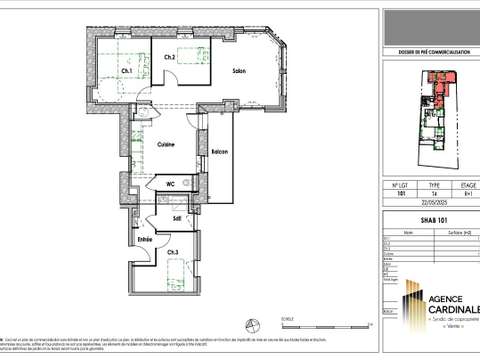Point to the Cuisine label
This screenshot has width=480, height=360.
pyautogui.click(x=166, y=146)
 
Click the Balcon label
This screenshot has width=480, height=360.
pyautogui.click(x=219, y=152)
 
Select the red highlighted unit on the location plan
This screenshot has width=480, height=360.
pyautogui.click(x=438, y=80)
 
